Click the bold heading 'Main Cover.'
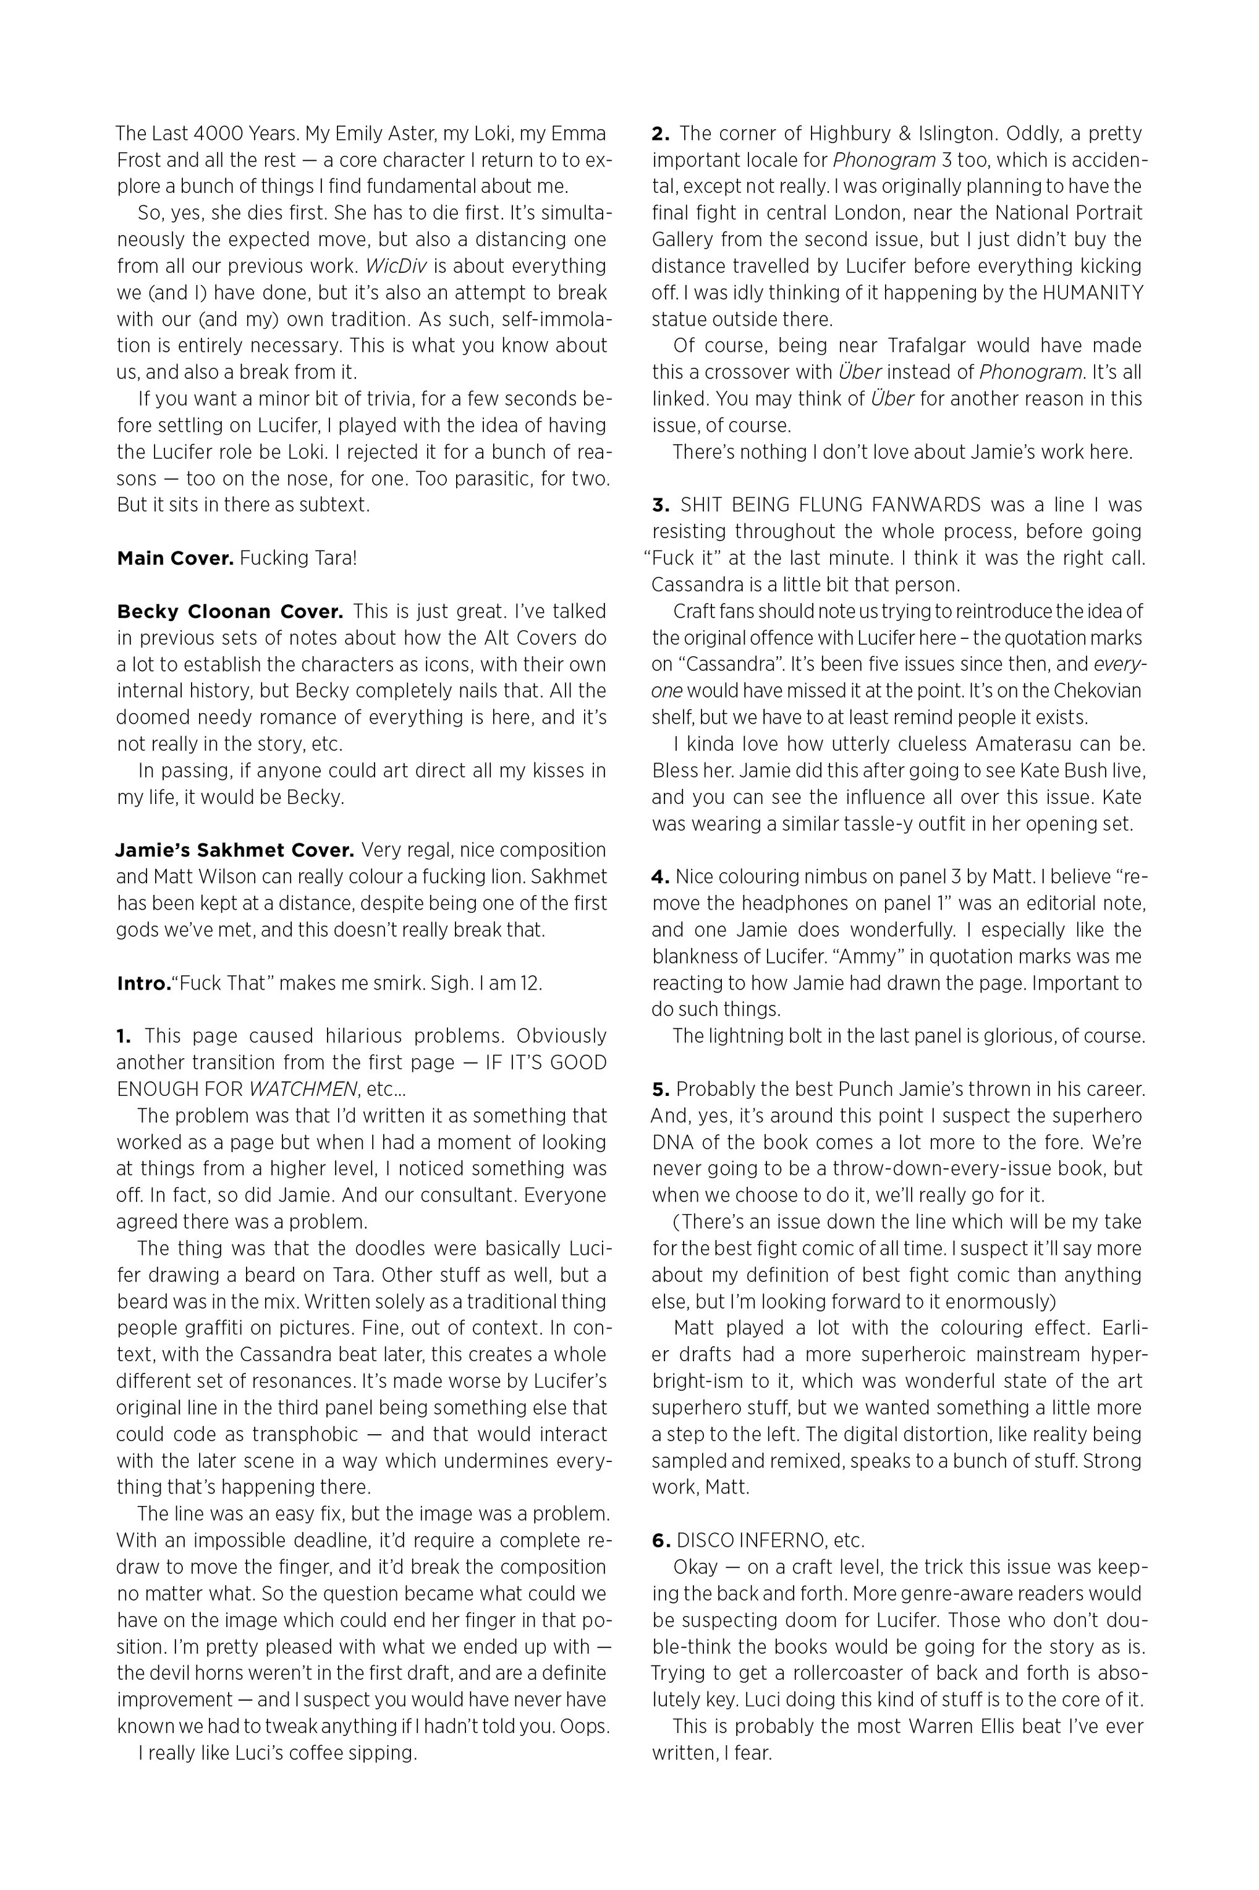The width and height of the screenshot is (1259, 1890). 175,558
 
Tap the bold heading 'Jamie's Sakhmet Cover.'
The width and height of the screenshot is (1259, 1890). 234,850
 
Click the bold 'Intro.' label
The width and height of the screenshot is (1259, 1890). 144,983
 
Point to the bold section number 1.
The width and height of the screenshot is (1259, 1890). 124,1036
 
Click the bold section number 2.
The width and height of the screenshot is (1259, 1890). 660,134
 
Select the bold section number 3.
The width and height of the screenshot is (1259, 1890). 660,505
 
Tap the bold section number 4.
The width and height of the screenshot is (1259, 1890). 660,876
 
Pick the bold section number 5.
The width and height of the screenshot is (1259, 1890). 660,1089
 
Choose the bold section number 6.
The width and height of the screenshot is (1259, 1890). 660,1541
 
